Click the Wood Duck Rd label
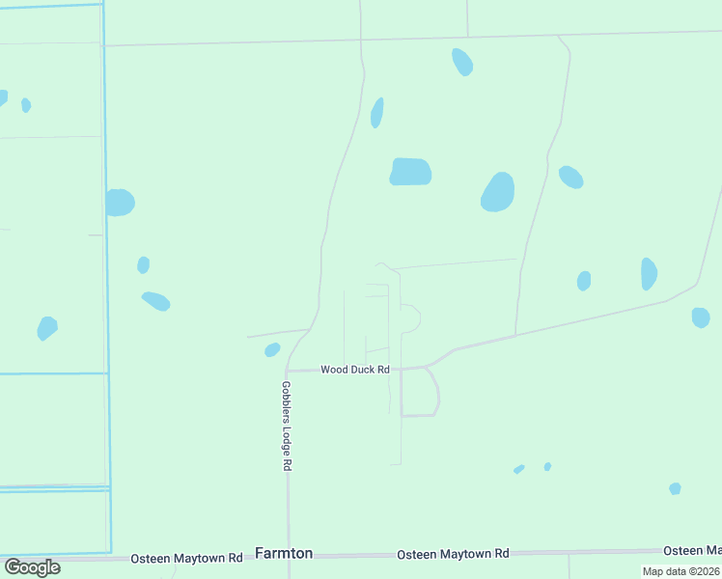[x=355, y=370]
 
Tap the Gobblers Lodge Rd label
[x=287, y=425]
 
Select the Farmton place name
[x=284, y=553]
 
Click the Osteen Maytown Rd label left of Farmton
[x=186, y=558]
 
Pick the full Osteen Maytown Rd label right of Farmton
[x=453, y=554]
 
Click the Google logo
[x=32, y=566]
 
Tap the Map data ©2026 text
[x=680, y=571]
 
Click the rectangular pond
[x=410, y=172]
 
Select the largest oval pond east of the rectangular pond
[x=497, y=192]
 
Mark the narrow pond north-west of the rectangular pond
[x=377, y=113]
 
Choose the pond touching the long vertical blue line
[x=120, y=203]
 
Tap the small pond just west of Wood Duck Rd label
[x=272, y=349]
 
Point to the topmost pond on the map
[x=462, y=62]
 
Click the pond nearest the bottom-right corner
[x=675, y=488]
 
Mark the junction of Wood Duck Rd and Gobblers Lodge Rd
[x=287, y=371]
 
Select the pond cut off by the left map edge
[x=2, y=97]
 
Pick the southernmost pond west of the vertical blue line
[x=46, y=328]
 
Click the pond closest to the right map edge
[x=701, y=317]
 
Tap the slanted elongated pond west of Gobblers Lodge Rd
[x=155, y=301]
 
